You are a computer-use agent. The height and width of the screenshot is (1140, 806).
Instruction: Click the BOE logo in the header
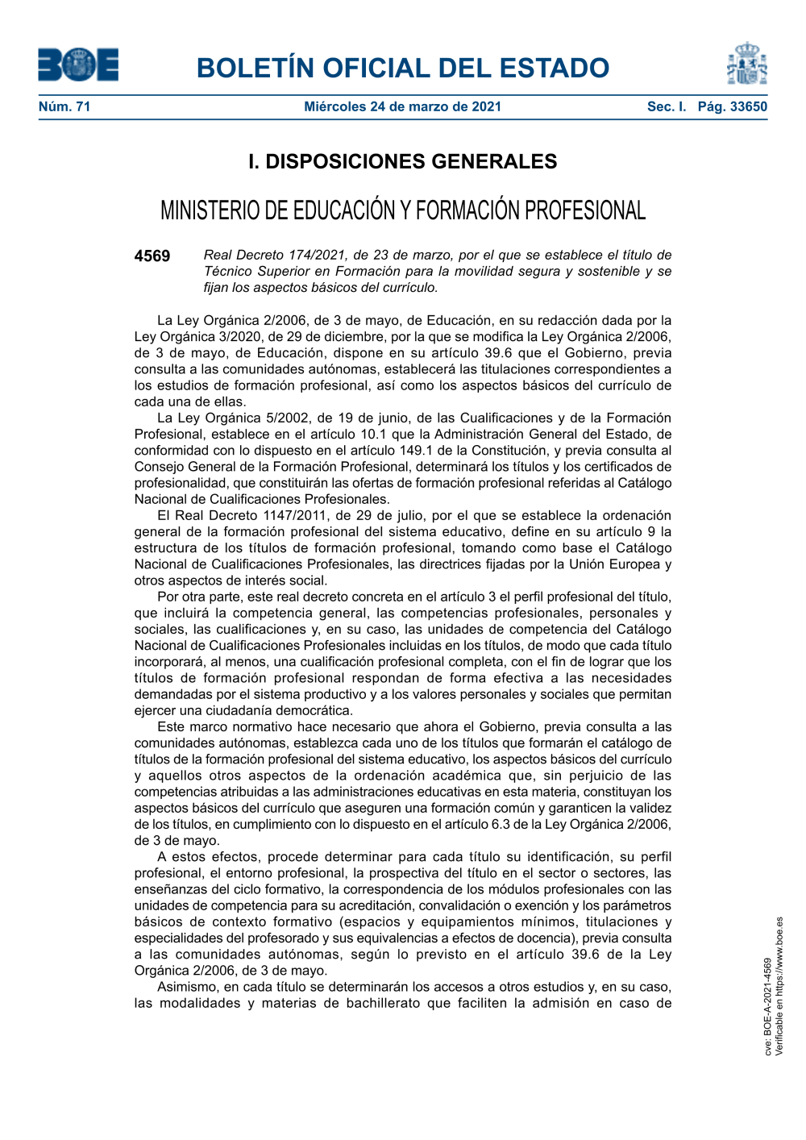click(78, 65)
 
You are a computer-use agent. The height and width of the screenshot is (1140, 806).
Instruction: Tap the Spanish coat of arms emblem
click(746, 64)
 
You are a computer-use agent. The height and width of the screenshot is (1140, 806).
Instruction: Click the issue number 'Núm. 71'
click(64, 106)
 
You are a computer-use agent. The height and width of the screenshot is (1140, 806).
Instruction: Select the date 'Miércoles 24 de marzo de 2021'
click(402, 106)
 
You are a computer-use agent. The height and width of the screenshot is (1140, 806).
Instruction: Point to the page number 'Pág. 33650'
click(733, 106)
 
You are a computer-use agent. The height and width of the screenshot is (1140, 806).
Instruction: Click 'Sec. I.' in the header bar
click(667, 106)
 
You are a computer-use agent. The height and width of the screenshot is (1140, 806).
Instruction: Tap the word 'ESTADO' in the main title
click(553, 68)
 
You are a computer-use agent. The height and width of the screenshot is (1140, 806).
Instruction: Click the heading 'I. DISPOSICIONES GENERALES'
click(402, 161)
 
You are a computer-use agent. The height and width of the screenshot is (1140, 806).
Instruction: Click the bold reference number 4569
click(152, 256)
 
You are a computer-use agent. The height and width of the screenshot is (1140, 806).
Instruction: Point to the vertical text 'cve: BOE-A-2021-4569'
click(768, 1007)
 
